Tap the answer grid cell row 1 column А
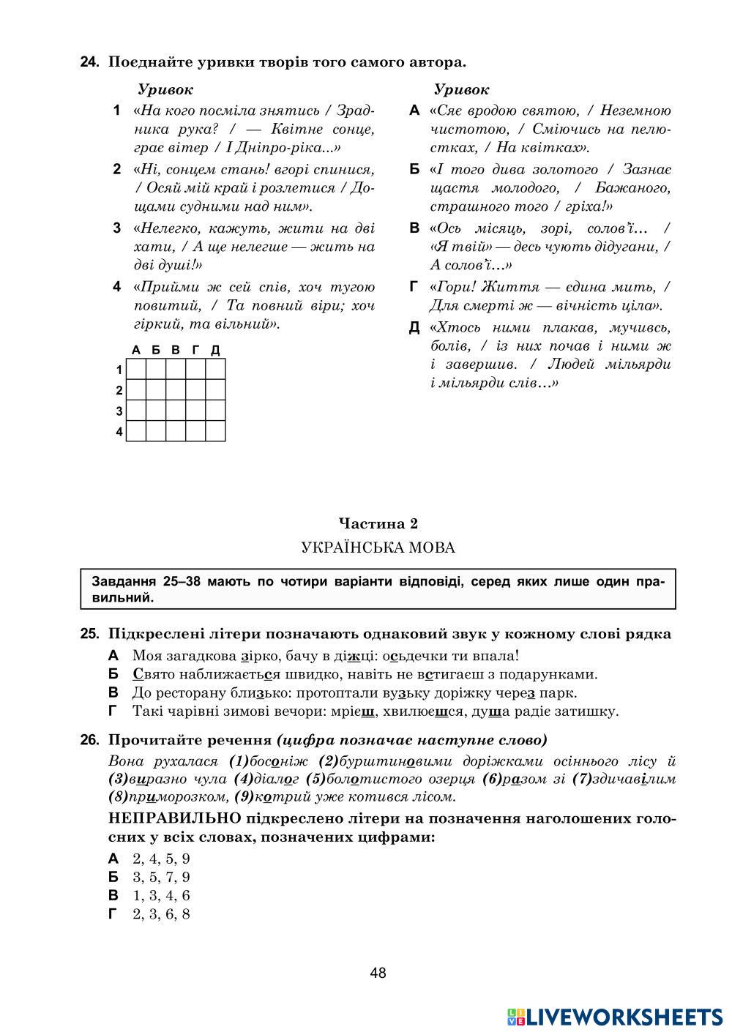coord(136,370)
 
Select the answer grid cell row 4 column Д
coord(215,431)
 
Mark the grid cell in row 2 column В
coord(176,390)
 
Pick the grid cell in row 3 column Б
coord(156,411)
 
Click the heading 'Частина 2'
coord(378,523)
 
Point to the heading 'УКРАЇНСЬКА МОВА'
coord(378,548)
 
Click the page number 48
coord(378,973)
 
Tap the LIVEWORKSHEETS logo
coord(615,1016)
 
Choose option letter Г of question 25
coord(113,711)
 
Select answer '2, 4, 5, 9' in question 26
coord(161,859)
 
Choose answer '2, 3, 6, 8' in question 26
coord(161,913)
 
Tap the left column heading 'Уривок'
coord(165,90)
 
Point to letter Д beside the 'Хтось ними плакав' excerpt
coord(414,328)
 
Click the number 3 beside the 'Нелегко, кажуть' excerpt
coord(117,228)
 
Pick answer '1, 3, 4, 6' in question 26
coord(161,895)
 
